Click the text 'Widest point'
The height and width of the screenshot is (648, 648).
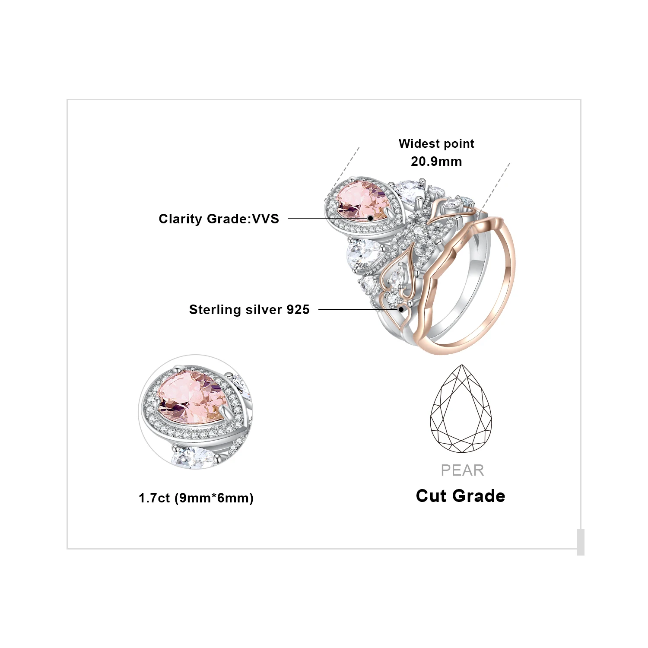tap(436, 143)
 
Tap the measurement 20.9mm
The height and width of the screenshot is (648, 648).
tap(436, 162)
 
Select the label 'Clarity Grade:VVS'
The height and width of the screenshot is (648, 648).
tap(219, 219)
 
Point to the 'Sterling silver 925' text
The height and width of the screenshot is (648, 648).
tap(249, 309)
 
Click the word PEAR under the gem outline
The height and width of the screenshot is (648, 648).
tap(462, 470)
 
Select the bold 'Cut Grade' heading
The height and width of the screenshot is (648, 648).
tap(461, 496)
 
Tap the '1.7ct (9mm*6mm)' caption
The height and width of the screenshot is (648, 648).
tap(196, 498)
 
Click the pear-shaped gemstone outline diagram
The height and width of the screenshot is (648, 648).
tap(461, 409)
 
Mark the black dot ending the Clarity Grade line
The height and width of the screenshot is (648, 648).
tap(370, 218)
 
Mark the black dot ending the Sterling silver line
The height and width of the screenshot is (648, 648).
tap(401, 309)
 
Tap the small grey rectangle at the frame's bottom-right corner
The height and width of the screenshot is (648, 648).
tap(580, 542)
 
